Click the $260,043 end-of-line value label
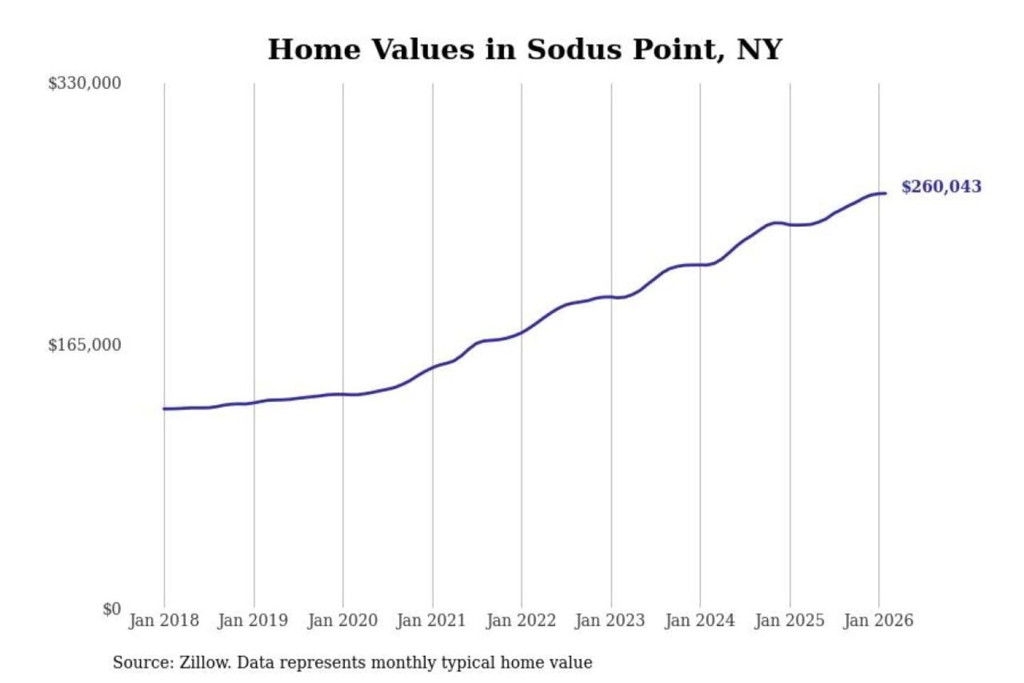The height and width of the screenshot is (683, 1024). (x=941, y=186)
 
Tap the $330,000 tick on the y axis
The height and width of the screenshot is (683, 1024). (x=85, y=83)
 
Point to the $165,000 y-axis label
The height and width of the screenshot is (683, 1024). (x=85, y=345)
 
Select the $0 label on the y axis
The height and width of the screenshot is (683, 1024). (x=112, y=609)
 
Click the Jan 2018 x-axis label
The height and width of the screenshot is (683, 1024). (x=164, y=620)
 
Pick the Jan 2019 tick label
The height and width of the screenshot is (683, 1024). (x=253, y=620)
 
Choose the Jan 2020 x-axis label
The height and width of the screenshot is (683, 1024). (x=342, y=620)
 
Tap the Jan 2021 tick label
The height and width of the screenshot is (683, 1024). (x=432, y=620)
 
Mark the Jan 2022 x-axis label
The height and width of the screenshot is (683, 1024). (x=521, y=620)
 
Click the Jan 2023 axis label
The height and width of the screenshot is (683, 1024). (x=610, y=620)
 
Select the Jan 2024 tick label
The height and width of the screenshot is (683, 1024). (x=700, y=620)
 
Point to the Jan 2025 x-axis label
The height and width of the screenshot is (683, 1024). (x=789, y=620)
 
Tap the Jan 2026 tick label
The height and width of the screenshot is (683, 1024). (x=878, y=620)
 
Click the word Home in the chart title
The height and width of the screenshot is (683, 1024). (x=314, y=50)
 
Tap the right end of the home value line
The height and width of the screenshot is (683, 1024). (x=885, y=194)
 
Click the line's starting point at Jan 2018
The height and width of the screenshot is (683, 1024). (x=164, y=409)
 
